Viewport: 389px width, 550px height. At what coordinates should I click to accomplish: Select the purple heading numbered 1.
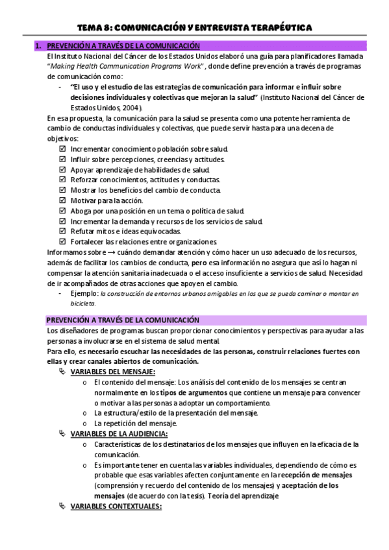(x=123, y=46)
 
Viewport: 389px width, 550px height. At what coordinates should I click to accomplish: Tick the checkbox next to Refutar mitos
(x=62, y=232)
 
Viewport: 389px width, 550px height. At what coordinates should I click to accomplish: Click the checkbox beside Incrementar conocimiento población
(x=62, y=149)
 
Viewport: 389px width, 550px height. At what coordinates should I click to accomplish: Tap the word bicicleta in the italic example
(x=82, y=303)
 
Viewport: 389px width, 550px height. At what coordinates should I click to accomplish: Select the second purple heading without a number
(x=123, y=320)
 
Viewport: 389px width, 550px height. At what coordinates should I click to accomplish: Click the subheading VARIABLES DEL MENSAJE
(x=112, y=372)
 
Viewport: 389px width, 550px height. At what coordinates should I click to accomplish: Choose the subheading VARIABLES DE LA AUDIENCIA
(x=119, y=433)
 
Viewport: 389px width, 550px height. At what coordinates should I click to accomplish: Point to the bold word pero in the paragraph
(x=199, y=263)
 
